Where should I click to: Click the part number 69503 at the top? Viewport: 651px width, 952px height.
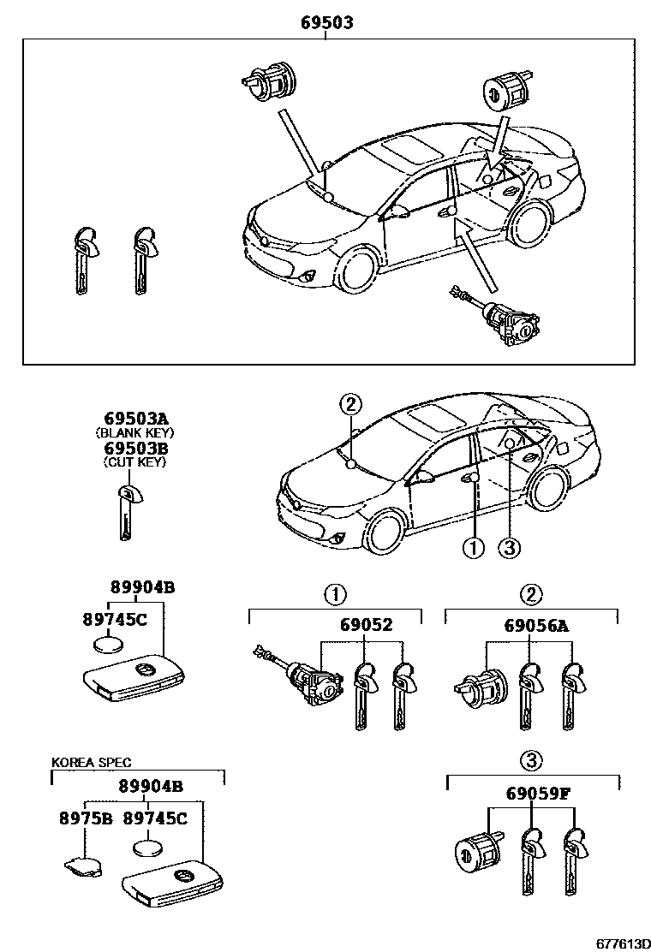(x=326, y=23)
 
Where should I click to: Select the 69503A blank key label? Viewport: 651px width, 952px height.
(x=135, y=419)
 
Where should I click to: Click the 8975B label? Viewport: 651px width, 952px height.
(x=86, y=818)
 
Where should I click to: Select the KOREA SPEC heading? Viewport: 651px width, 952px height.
(x=91, y=761)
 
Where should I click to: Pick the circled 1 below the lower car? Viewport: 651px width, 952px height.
(x=473, y=549)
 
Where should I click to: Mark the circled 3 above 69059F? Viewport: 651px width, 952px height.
(x=532, y=759)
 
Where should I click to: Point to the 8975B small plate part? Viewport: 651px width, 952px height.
(x=82, y=866)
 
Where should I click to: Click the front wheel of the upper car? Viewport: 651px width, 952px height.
(x=358, y=271)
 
